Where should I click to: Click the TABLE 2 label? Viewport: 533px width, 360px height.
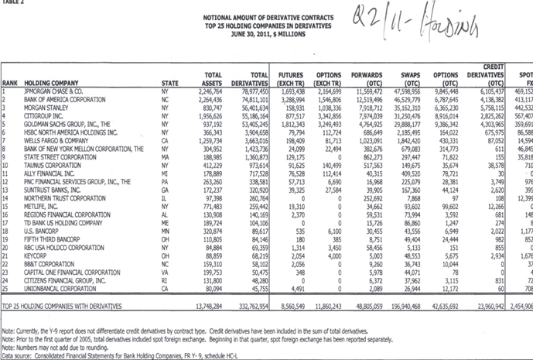pyautogui.click(x=13, y=3)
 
